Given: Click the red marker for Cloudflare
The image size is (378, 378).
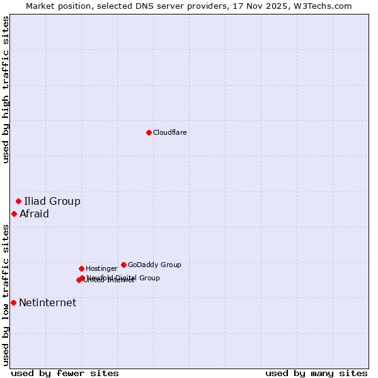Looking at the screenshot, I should tap(149, 132).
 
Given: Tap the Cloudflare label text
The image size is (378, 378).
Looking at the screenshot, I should tap(170, 132).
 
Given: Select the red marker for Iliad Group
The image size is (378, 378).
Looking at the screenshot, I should tap(18, 201).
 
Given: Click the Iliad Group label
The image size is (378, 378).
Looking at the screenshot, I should tap(52, 202).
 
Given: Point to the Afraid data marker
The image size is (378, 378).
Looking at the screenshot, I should tap(14, 214).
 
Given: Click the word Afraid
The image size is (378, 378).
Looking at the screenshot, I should tap(34, 214).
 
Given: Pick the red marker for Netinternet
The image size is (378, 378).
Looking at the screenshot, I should tap(13, 302).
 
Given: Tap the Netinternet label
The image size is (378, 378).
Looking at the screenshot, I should tap(48, 303).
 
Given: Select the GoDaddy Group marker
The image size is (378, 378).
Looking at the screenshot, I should tap(123, 265).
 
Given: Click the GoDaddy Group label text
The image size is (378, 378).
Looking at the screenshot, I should tap(154, 265).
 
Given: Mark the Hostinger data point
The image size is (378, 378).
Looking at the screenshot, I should tap(81, 268).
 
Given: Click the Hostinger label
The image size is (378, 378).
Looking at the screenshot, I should tap(101, 269).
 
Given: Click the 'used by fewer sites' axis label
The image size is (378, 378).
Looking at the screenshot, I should tap(65, 373).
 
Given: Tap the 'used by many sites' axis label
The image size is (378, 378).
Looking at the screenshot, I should tap(316, 373).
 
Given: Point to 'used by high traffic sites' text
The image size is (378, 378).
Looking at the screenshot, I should tap(6, 89).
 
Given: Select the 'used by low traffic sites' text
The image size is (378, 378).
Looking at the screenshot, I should tap(6, 294).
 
